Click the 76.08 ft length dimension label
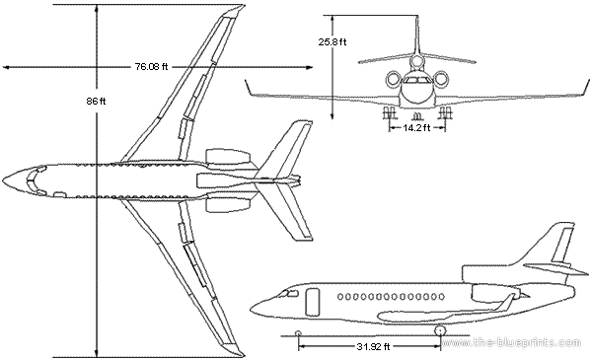tap(151, 67)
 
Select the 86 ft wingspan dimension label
tap(96, 102)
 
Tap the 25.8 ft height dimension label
tap(333, 41)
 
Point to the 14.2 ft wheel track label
tap(416, 128)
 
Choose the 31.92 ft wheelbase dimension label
tap(373, 346)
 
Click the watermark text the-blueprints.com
tap(511, 342)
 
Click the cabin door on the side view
tap(312, 302)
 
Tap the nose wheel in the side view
tap(298, 333)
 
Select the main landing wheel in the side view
tap(440, 331)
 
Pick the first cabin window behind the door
tap(339, 297)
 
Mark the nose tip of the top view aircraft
tap(3, 179)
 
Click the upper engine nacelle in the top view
tap(229, 158)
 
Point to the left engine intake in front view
tap(394, 79)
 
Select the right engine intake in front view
tap(441, 79)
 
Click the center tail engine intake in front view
tap(417, 61)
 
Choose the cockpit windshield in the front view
tap(416, 80)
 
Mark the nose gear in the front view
tap(416, 114)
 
